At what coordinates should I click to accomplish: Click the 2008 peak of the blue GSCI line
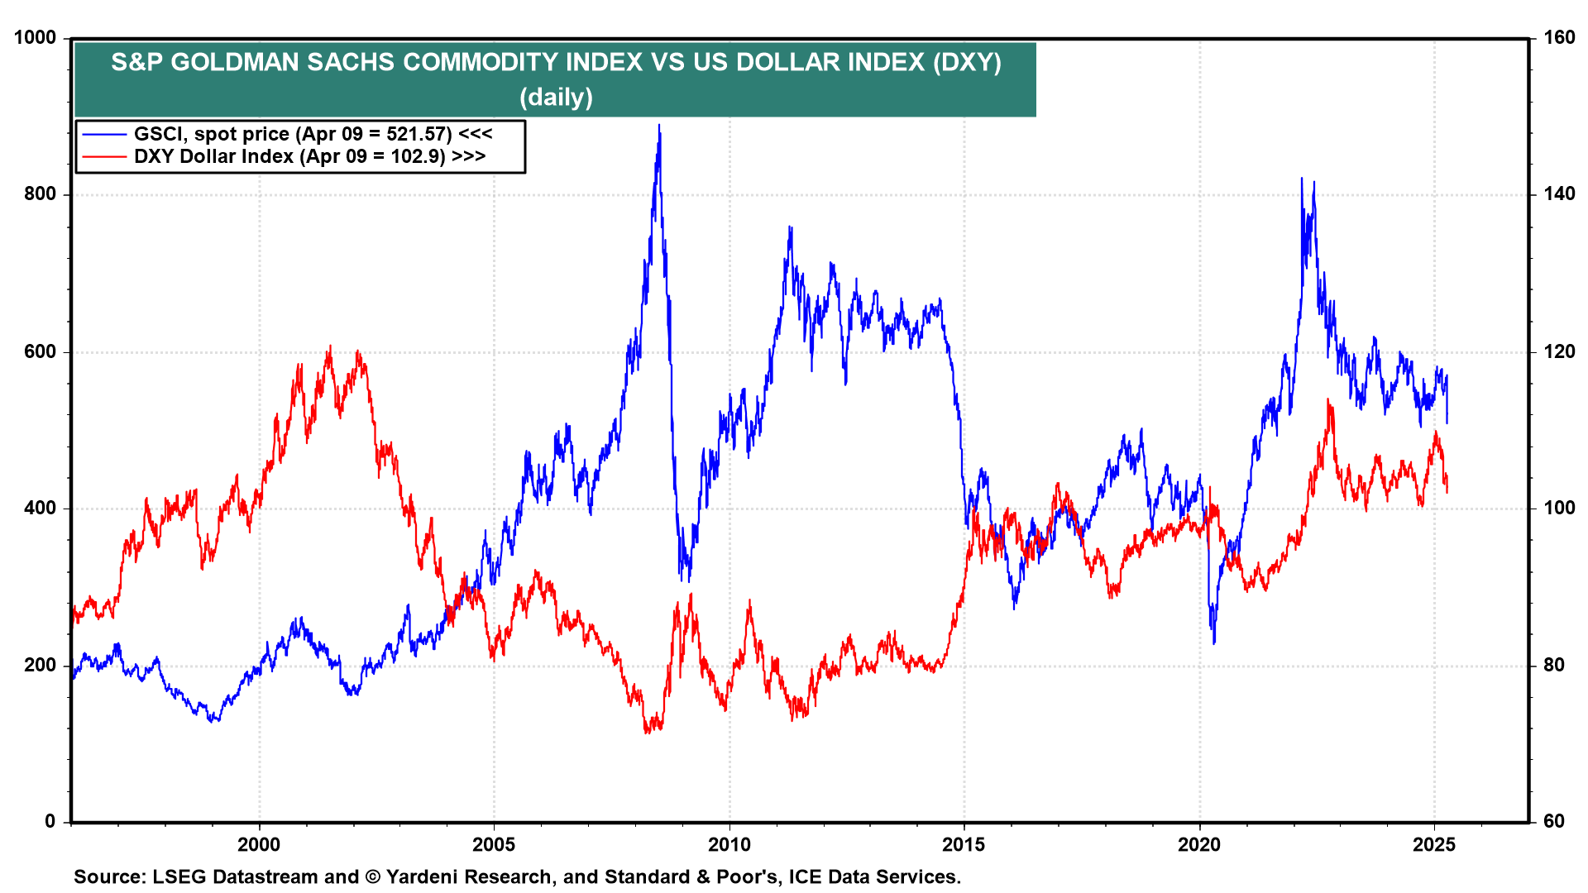coord(659,126)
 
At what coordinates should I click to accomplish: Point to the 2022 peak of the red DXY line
coord(1328,400)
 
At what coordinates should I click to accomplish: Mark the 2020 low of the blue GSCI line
coord(1214,642)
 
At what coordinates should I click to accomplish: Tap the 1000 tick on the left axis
coord(36,38)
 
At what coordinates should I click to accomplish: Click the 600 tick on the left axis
coord(41,351)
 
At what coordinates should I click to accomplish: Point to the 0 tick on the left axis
coord(50,821)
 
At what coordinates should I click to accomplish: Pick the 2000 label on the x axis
coord(259,844)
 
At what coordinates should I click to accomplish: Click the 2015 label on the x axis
coord(964,844)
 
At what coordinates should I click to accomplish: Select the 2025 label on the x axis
coord(1434,844)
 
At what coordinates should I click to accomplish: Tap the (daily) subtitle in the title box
coord(556,98)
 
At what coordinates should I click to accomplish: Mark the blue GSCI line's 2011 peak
coord(790,227)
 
